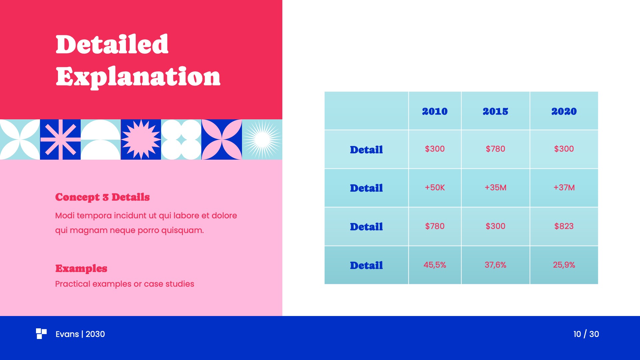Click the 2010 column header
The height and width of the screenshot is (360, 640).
pos(435,111)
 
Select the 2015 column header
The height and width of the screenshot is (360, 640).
pos(495,111)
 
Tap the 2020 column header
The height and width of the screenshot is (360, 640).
pos(564,111)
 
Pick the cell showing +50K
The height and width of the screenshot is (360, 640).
pos(435,187)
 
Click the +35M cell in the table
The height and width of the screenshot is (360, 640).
pos(495,187)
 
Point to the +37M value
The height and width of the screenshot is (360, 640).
pos(564,187)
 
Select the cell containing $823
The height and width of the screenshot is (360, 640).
pos(564,226)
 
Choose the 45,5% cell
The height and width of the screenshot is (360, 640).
pos(435,265)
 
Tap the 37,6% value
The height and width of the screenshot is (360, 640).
pos(495,265)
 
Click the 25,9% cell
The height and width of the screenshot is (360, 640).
pos(564,265)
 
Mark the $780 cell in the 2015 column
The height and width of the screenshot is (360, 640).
pos(495,149)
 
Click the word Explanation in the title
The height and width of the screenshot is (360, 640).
pos(138,77)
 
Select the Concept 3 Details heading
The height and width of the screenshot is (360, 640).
pos(102,197)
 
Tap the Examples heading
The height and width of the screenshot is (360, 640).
pos(81,268)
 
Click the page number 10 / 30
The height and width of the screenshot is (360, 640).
pos(586,334)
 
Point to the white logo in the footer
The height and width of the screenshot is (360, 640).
pos(41,333)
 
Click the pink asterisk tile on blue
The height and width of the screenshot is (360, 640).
pos(60,139)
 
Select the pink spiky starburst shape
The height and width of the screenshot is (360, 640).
pos(141,139)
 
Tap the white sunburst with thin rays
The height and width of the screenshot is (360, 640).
pos(262,139)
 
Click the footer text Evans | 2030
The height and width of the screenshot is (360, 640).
pos(80,334)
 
